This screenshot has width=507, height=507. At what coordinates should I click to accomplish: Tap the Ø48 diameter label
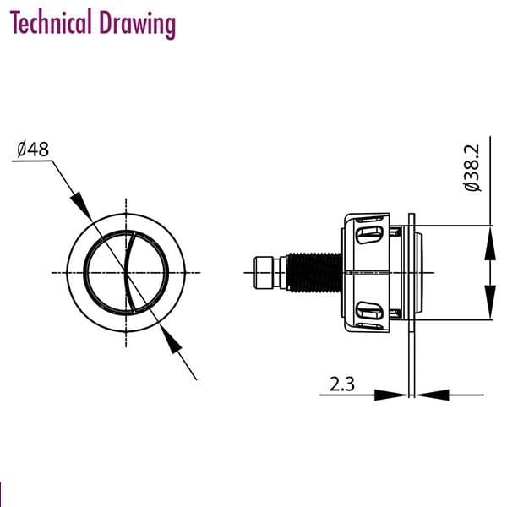pos(33,150)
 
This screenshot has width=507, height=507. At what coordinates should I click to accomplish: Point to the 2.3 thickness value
pos(342,384)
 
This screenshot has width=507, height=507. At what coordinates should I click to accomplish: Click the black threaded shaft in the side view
pos(314,272)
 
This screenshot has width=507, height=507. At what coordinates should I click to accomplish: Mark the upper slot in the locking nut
pos(370,232)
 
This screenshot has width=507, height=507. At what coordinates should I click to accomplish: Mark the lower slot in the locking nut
pos(370,312)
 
